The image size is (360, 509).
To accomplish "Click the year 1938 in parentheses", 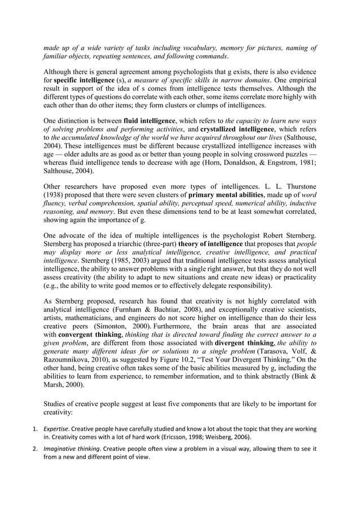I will click(55, 195).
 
